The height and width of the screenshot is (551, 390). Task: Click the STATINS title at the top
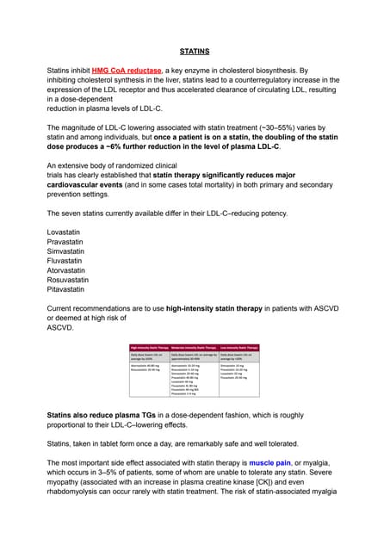click(x=194, y=52)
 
